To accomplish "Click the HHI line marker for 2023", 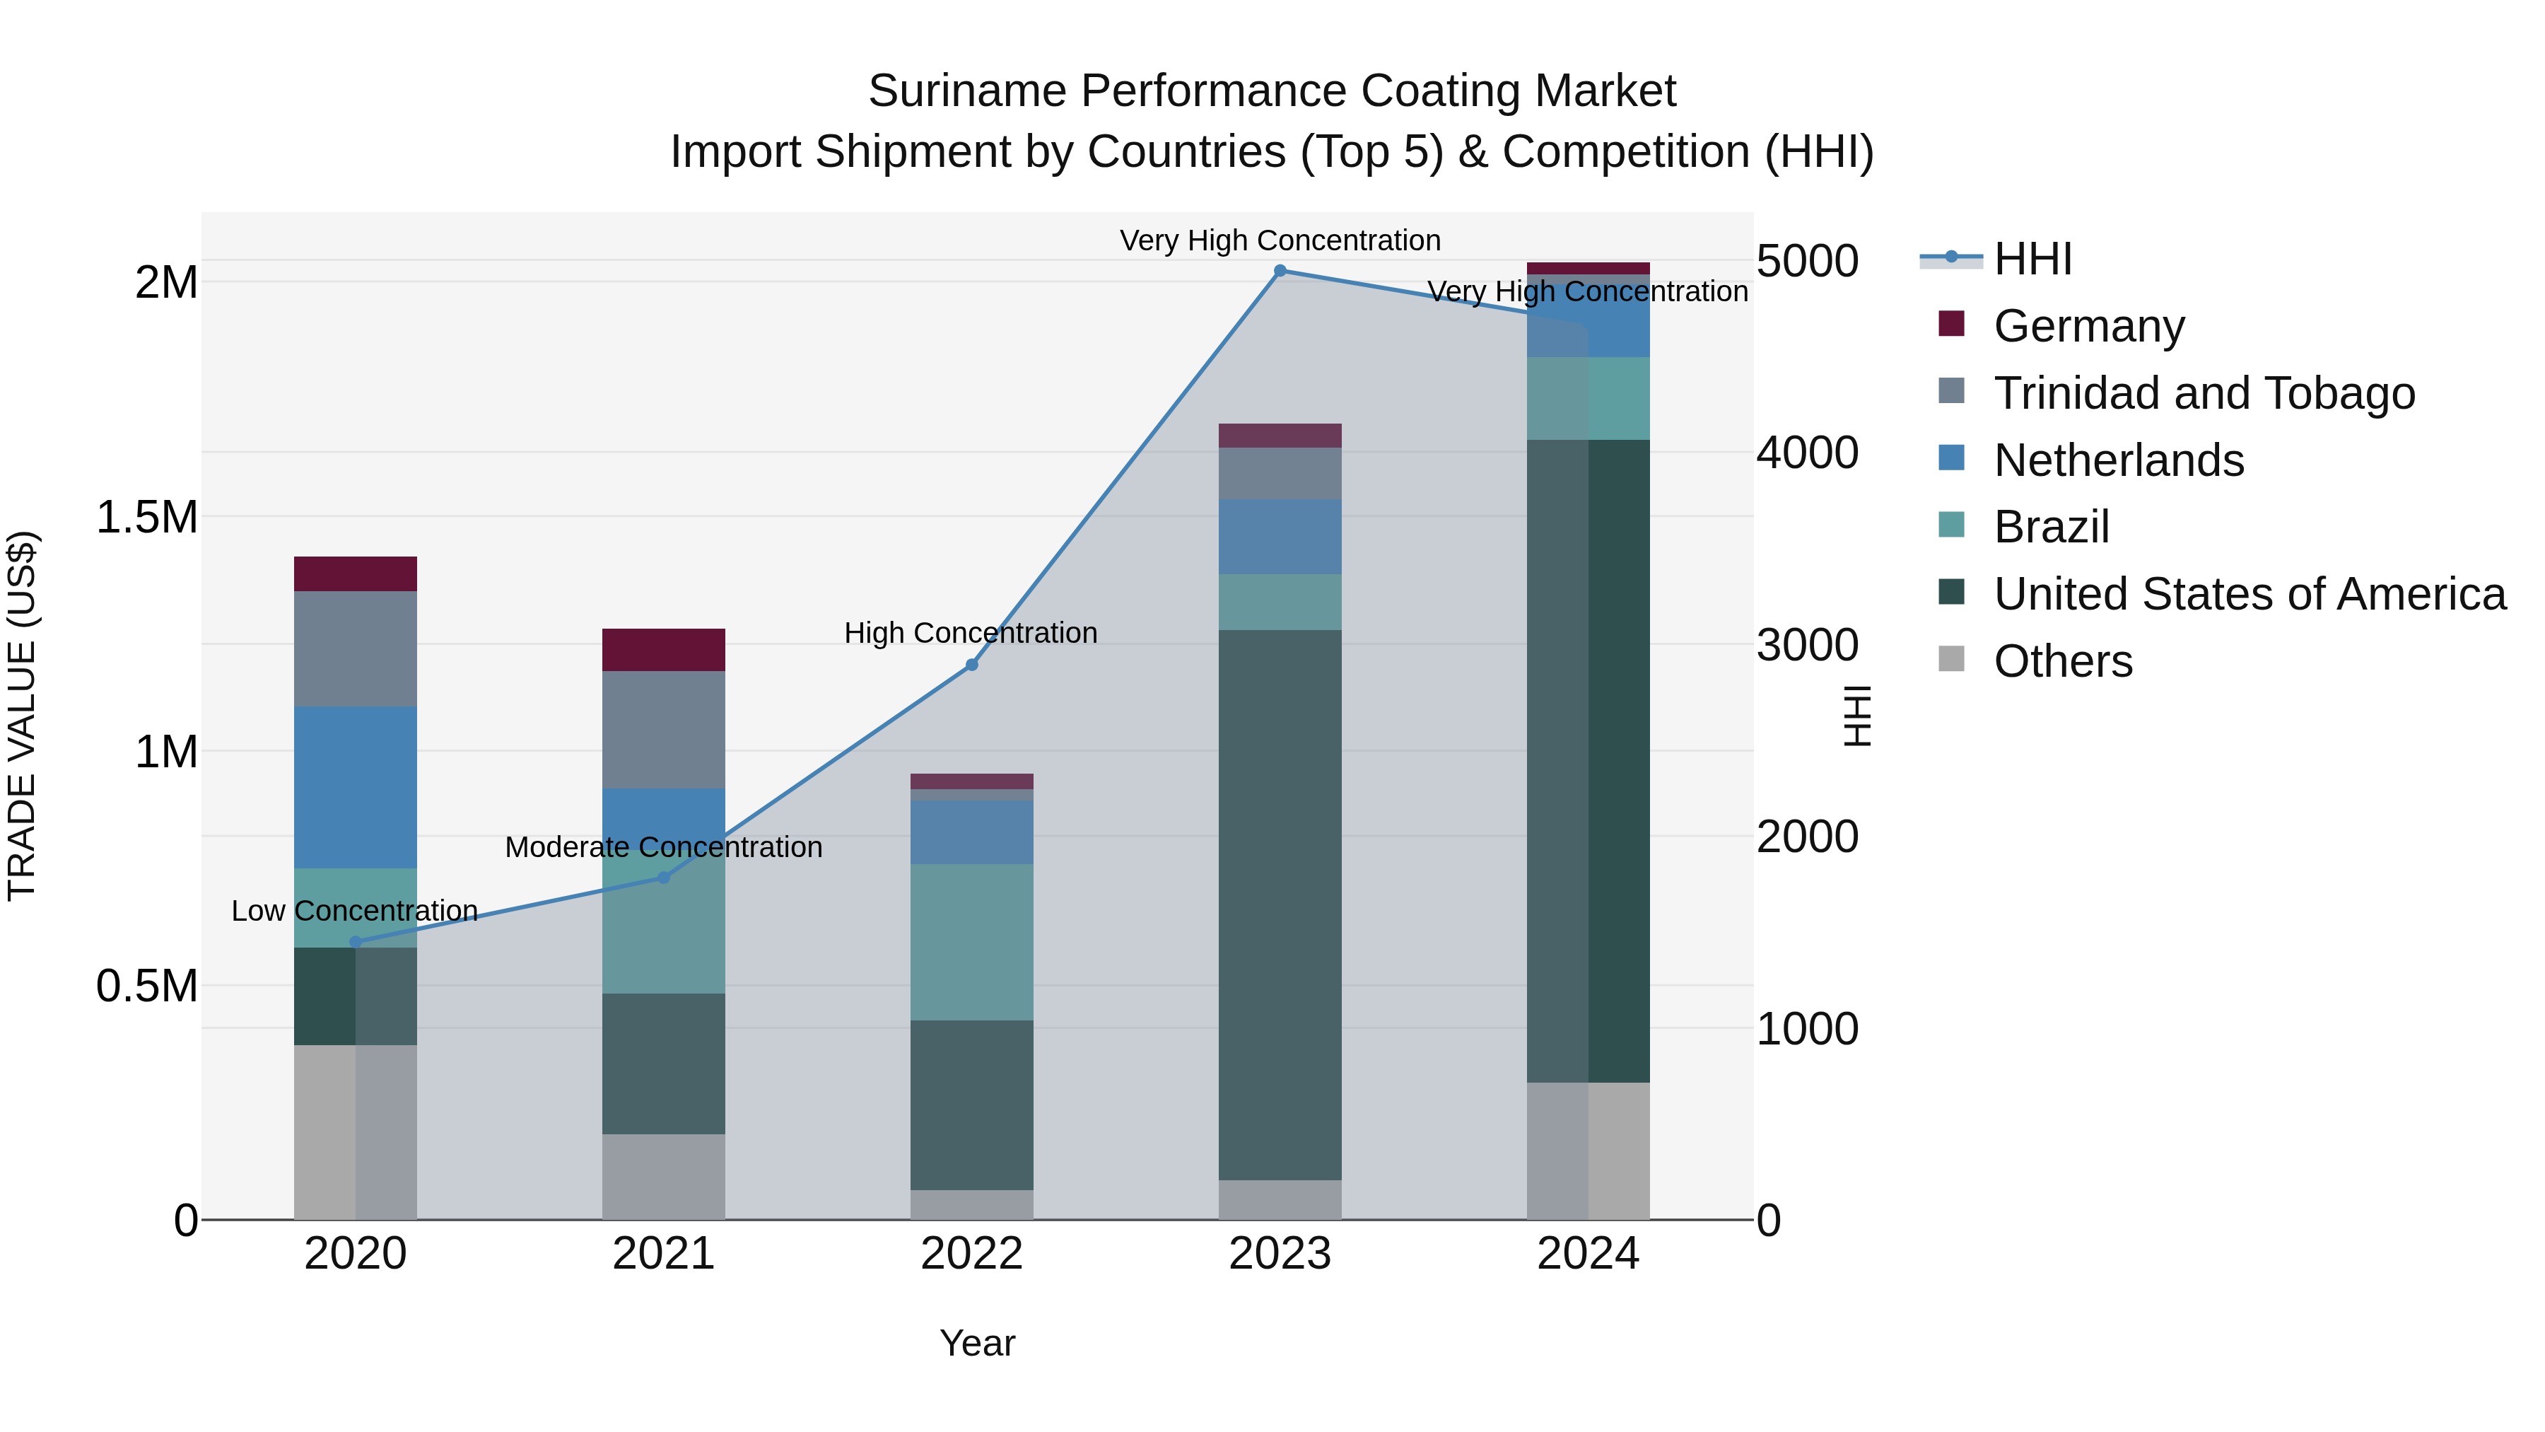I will pyautogui.click(x=1280, y=271).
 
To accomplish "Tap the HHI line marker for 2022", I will pyautogui.click(x=971, y=665).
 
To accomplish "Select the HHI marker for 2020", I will pyautogui.click(x=356, y=943).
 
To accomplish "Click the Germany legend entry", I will pyautogui.click(x=2088, y=326).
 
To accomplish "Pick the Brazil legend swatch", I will pyautogui.click(x=1951, y=525).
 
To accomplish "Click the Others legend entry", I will pyautogui.click(x=2063, y=661).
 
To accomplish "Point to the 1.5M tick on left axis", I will pyautogui.click(x=146, y=518).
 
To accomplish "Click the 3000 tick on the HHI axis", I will pyautogui.click(x=1807, y=646).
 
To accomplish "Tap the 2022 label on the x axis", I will pyautogui.click(x=971, y=1254).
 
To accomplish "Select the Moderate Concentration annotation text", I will pyautogui.click(x=663, y=847).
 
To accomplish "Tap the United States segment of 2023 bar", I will pyautogui.click(x=1280, y=904).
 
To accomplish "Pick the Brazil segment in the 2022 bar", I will pyautogui.click(x=971, y=942).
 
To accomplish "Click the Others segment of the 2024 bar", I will pyautogui.click(x=1588, y=1151).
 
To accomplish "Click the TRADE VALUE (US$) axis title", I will pyautogui.click(x=22, y=716).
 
